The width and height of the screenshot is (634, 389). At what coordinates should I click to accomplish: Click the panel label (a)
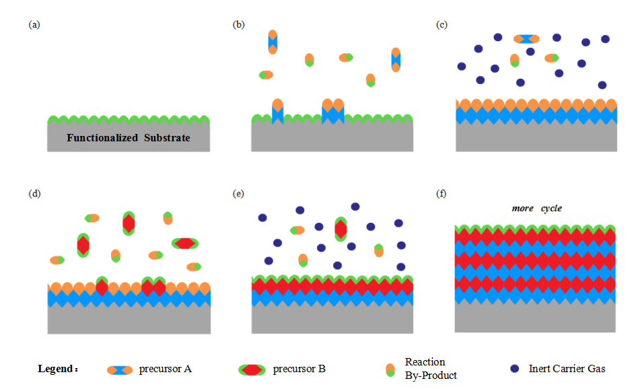tap(34, 25)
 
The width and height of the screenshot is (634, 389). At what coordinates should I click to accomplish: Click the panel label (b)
tap(238, 25)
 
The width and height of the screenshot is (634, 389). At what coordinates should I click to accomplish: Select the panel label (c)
tap(442, 25)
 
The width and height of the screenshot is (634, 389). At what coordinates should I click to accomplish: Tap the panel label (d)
tap(34, 194)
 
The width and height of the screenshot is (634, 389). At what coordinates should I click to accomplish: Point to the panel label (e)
tap(238, 194)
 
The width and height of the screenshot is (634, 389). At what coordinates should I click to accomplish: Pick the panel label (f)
tap(441, 194)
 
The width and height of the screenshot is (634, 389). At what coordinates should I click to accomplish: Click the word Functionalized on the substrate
tap(102, 138)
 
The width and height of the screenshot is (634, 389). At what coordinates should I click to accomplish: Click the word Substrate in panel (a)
tap(167, 138)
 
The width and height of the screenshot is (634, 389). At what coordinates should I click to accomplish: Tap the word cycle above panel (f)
tap(551, 208)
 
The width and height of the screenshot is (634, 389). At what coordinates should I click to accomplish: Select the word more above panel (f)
tap(523, 209)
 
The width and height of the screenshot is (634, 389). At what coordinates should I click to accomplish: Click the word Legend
tap(56, 369)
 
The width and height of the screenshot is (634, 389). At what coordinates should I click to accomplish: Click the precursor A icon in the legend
tap(120, 370)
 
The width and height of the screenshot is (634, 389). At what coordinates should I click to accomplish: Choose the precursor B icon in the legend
tap(252, 369)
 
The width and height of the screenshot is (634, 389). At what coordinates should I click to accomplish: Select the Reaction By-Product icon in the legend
tap(390, 370)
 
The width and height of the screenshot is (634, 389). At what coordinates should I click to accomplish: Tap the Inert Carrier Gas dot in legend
tap(514, 368)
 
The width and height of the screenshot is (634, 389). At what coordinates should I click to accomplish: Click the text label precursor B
tap(300, 369)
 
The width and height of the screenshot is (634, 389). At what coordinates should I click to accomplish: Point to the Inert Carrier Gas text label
tap(567, 369)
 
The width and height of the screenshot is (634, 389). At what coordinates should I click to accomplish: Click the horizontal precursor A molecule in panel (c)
tap(526, 39)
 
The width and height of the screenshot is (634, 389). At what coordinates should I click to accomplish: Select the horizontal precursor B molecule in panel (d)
tap(185, 244)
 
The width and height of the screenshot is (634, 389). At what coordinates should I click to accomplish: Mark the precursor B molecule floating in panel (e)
tap(341, 229)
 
